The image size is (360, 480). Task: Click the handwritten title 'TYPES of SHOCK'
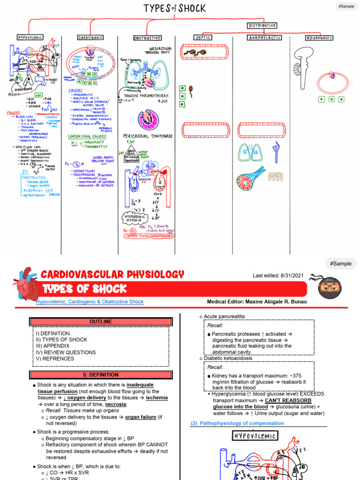point(174,9)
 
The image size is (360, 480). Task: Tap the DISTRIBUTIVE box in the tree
point(262,25)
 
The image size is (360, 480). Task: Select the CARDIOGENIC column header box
point(90,37)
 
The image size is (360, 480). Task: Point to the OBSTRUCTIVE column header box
point(147,37)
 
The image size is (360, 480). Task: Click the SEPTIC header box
point(202,37)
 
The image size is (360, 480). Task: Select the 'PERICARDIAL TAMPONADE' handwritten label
point(148,136)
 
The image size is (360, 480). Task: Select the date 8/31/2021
point(291,276)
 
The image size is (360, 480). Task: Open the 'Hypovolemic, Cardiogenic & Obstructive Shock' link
point(90,302)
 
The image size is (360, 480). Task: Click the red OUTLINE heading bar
point(100,322)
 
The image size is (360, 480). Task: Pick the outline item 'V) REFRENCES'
point(54,359)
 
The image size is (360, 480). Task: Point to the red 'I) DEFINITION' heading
point(100,375)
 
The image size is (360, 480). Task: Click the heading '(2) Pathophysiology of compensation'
point(237,423)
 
